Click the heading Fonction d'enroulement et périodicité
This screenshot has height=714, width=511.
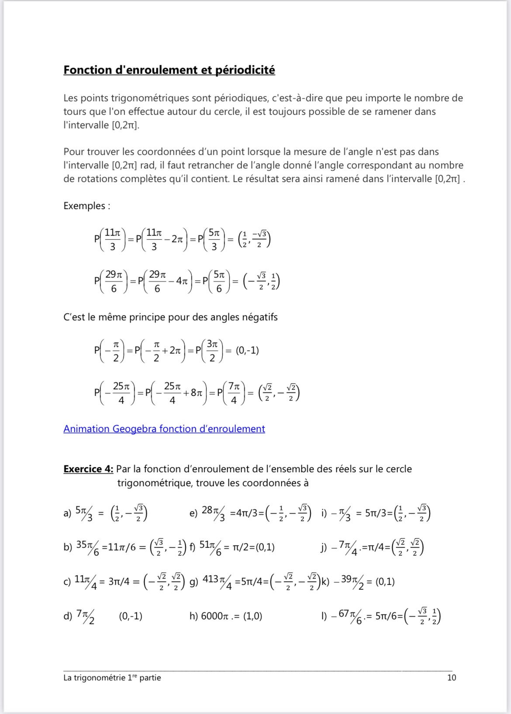[169, 70]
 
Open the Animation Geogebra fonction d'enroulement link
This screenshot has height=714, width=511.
[164, 429]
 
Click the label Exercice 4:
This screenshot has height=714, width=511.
[88, 469]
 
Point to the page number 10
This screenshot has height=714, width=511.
[452, 677]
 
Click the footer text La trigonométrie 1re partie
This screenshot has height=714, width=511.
[112, 677]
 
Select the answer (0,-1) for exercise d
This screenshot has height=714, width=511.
[131, 616]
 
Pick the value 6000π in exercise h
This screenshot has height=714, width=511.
[214, 616]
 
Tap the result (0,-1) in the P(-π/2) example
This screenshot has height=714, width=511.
[247, 350]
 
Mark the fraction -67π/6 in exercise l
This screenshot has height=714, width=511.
[346, 616]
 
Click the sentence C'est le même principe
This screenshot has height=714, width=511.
[170, 317]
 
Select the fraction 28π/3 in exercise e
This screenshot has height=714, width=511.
[214, 512]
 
